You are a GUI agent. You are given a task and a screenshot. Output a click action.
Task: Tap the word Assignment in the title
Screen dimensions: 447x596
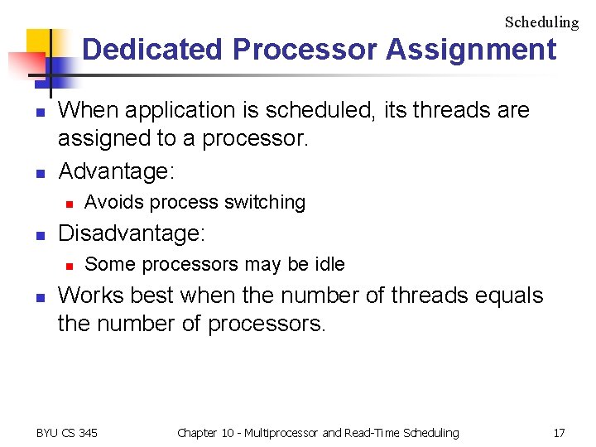471,50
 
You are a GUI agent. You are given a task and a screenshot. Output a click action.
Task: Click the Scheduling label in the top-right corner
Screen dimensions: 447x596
541,22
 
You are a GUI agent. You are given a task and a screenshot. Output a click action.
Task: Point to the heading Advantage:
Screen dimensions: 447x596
116,171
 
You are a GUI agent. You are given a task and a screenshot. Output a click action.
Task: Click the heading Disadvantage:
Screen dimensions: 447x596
131,234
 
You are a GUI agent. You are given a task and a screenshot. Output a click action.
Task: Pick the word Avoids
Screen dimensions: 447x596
109,202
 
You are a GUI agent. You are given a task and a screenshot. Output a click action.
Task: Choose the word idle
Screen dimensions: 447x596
329,264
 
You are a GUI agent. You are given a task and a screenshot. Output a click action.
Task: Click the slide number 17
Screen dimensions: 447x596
560,432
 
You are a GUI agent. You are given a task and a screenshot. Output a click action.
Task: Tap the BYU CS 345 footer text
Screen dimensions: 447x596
67,432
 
